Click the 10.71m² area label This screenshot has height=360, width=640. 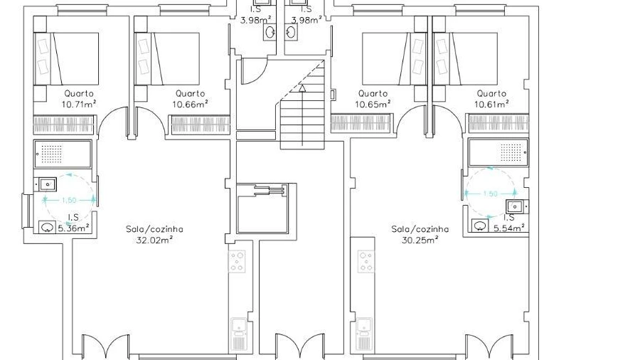coord(79,104)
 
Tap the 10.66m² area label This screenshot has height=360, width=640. coord(190,104)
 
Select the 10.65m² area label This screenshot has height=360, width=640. coord(373,104)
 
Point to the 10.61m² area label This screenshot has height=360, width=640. coord(491,104)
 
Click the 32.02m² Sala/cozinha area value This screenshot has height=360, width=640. coord(154,240)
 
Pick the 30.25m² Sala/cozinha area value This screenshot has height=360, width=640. coord(420,240)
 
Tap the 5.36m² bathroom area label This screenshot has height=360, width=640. coord(73,228)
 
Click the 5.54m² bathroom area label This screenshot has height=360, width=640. coord(509,228)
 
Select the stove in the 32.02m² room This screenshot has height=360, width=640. coord(237,262)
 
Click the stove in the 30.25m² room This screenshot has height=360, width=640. coord(366,262)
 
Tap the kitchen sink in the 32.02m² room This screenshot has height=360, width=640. coord(239,334)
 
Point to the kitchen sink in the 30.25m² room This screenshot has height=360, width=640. coord(364,334)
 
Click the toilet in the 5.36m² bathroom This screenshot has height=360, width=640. coord(48,227)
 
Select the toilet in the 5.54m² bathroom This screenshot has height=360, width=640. coord(481,226)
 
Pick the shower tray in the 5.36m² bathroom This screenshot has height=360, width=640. coord(63,154)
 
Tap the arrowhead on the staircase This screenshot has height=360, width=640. coord(302,88)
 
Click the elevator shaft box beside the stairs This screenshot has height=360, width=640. coord(262,208)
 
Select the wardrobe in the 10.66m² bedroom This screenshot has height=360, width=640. coord(201,125)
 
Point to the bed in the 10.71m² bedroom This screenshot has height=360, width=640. coord(67,59)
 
